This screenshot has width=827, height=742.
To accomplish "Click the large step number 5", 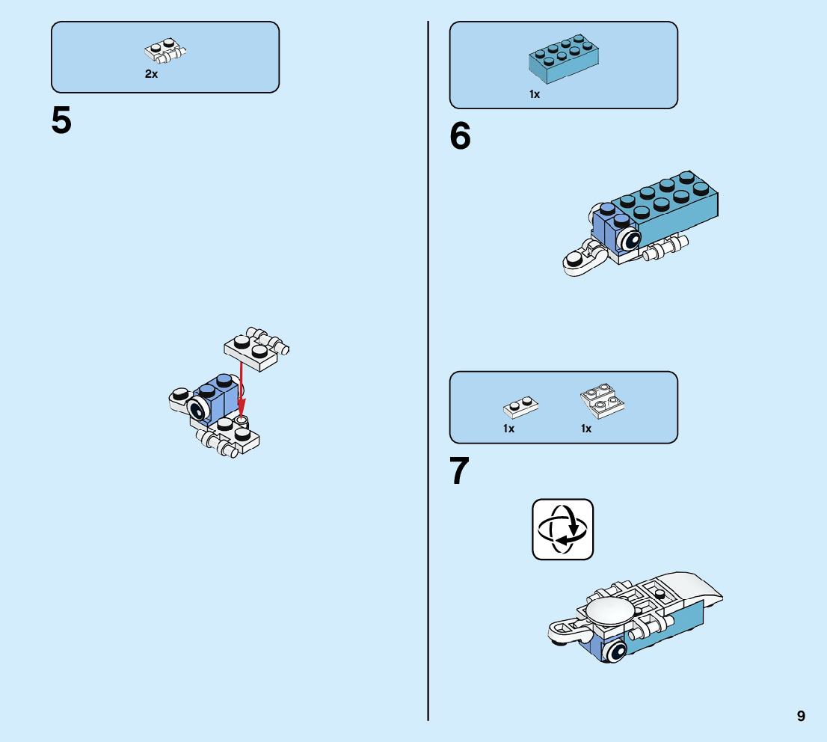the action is [x=61, y=121].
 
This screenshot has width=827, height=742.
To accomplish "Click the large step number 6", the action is [x=461, y=136].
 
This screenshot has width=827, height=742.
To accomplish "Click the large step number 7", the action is [x=460, y=473].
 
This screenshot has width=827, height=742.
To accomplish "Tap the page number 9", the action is [x=801, y=716].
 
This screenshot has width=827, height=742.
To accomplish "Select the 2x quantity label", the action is [x=151, y=75].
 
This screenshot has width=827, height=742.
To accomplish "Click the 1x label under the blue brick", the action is [x=535, y=95].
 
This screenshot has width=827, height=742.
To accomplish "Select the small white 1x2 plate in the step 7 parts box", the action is [x=522, y=406].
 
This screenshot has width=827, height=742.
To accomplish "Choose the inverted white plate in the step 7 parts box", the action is [x=603, y=402].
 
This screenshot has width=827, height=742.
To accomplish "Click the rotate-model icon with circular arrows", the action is [x=562, y=529].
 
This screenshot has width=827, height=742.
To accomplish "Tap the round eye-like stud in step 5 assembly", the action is [x=197, y=408].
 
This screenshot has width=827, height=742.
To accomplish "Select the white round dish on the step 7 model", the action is [x=611, y=610].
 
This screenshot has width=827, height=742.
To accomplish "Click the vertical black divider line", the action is [x=428, y=374].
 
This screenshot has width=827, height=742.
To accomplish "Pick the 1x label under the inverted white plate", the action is [x=586, y=429].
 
